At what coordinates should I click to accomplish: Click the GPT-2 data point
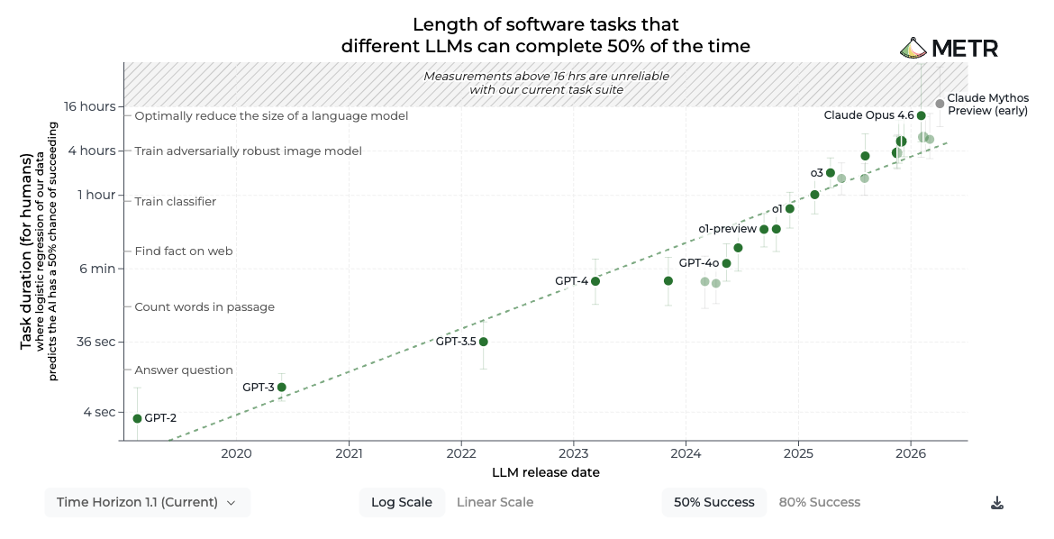click(x=137, y=418)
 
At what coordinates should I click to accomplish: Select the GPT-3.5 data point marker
click(x=483, y=342)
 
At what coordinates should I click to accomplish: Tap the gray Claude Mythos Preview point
click(x=940, y=104)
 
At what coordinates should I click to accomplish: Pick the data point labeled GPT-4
click(x=595, y=281)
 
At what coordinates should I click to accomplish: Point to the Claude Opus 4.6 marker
click(x=922, y=115)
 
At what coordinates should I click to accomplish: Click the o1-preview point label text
click(x=727, y=229)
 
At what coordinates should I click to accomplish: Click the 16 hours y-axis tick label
click(x=89, y=106)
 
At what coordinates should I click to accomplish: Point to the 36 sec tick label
click(x=96, y=342)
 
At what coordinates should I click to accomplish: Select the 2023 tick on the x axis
click(x=573, y=453)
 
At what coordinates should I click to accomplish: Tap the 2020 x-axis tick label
click(x=237, y=453)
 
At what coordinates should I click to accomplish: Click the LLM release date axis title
click(x=546, y=472)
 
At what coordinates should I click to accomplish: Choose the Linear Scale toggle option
click(x=495, y=502)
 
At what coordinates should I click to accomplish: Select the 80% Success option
click(x=820, y=502)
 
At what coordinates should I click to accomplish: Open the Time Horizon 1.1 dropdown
click(x=147, y=502)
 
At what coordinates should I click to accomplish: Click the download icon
click(x=997, y=503)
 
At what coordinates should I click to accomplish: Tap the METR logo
click(x=950, y=49)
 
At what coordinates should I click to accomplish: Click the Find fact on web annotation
click(x=184, y=251)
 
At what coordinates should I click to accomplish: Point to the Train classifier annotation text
click(x=176, y=201)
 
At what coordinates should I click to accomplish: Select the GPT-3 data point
click(x=282, y=387)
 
